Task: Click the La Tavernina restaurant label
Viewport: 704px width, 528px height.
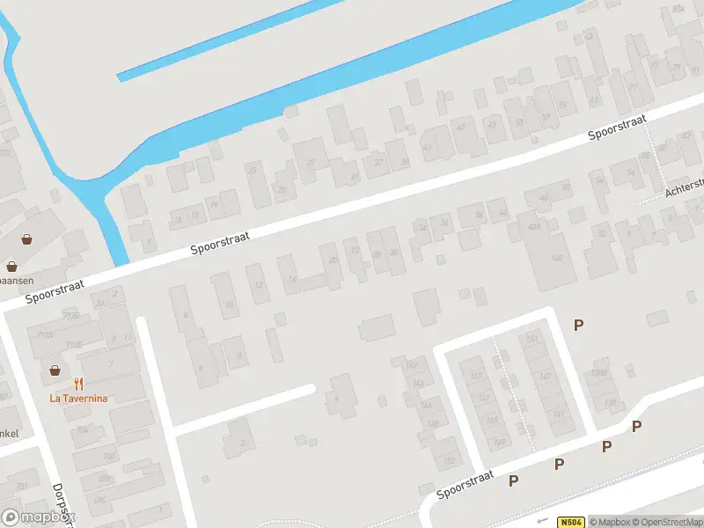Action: (79, 398)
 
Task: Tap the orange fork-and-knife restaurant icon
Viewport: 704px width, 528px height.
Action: (79, 383)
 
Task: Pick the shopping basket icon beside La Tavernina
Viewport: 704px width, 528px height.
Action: (55, 370)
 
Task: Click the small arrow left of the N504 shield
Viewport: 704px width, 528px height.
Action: (543, 522)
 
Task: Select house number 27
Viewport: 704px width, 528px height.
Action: (310, 164)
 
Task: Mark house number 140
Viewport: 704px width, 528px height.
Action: (556, 258)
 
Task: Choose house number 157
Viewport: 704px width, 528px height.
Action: (477, 377)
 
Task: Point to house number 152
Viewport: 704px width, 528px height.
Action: (450, 460)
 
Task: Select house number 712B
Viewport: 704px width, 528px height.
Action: (73, 315)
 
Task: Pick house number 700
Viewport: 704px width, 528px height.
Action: (108, 457)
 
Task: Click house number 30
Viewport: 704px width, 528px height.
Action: (393, 253)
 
